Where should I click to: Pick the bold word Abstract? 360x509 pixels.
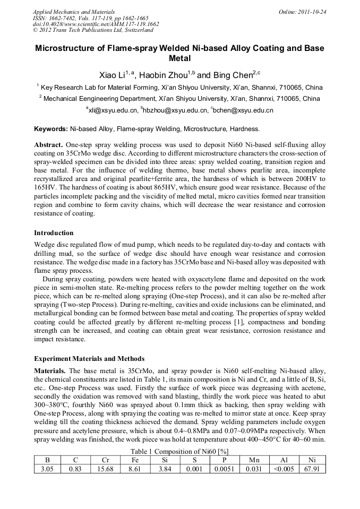pos(49,145)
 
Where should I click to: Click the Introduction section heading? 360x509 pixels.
pos(54,233)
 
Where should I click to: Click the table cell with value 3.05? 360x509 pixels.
pos(48,469)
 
